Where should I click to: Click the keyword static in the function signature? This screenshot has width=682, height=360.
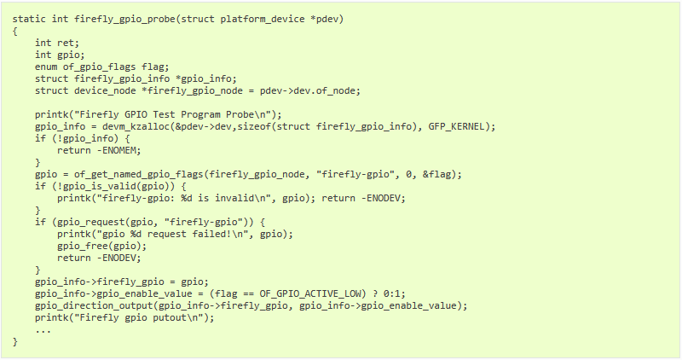[x=29, y=19]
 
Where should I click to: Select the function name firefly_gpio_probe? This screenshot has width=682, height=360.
[x=124, y=20]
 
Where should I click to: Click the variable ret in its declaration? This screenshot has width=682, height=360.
[x=66, y=44]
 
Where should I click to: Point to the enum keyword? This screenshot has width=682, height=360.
[x=46, y=67]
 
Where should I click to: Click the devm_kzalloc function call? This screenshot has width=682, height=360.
[x=136, y=126]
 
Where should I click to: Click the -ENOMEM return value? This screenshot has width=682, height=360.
[x=117, y=151]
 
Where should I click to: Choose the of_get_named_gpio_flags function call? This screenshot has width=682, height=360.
[x=139, y=175]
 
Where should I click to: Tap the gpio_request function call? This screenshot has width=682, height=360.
[x=91, y=223]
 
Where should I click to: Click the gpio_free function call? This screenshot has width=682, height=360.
[x=83, y=247]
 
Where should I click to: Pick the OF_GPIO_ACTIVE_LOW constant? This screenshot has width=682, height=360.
[x=310, y=293]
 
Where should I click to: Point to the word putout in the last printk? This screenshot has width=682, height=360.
[x=170, y=318]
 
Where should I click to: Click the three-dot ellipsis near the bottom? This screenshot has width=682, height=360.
[x=43, y=332]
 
